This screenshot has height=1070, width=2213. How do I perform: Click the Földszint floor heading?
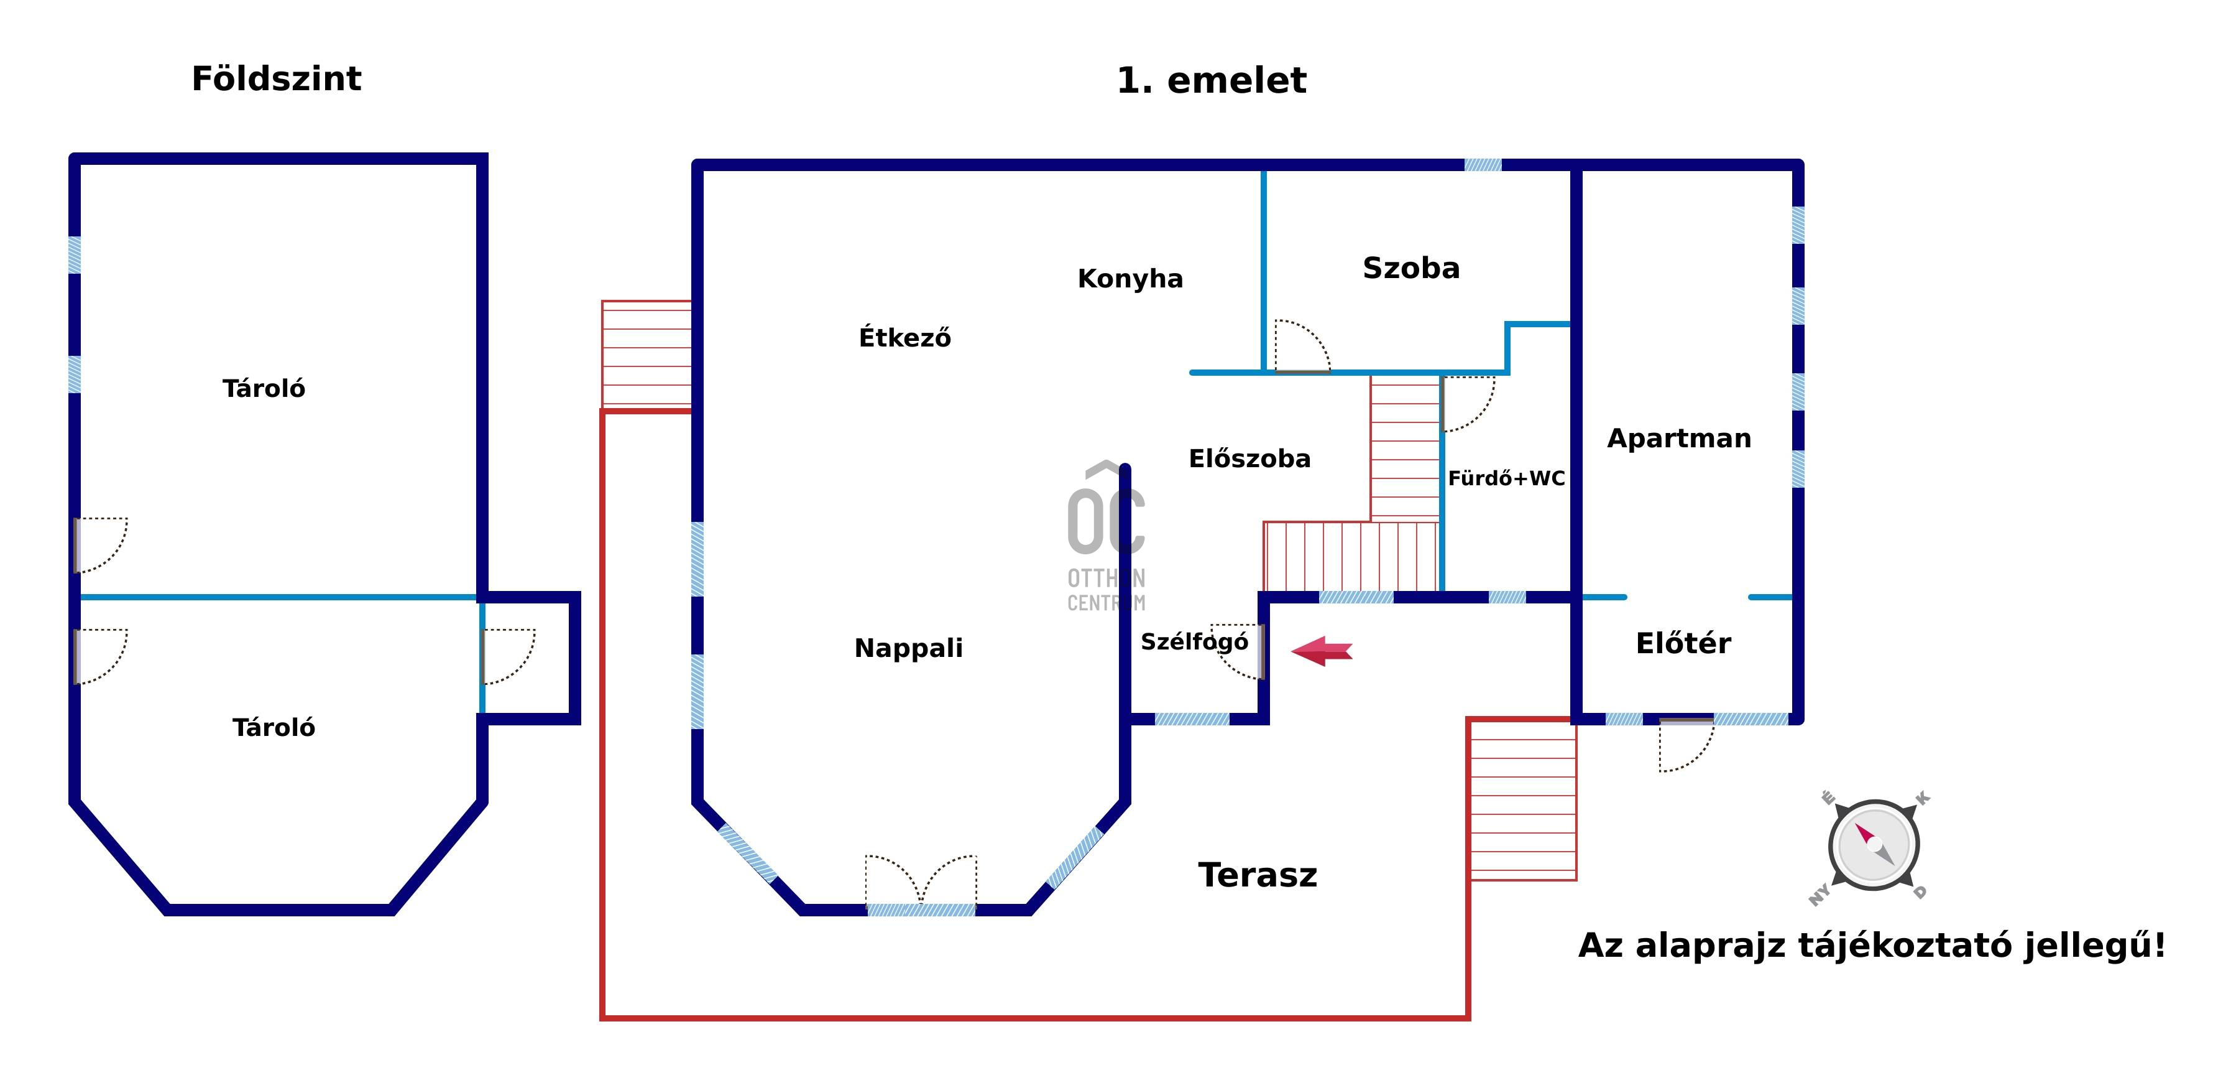point(276,79)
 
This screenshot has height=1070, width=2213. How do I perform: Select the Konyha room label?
point(1130,279)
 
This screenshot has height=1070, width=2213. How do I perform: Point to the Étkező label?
point(904,337)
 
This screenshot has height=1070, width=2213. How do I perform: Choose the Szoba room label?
point(1410,268)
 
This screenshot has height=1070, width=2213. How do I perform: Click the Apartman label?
point(1678,439)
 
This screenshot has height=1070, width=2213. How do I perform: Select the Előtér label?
point(1683,643)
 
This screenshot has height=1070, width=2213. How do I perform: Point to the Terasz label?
point(1258,875)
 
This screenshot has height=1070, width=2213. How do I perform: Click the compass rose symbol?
point(1873,845)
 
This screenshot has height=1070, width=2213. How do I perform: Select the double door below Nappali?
point(921,882)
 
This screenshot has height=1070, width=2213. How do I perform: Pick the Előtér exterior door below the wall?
point(1685,744)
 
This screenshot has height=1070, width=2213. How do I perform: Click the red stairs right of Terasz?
point(1522,799)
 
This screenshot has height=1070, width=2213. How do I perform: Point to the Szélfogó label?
point(1194,642)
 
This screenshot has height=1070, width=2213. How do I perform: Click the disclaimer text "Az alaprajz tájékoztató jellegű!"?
point(1871,946)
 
